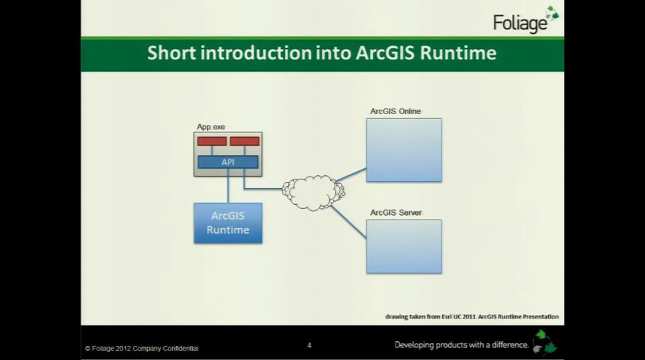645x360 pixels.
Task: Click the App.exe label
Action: (x=211, y=127)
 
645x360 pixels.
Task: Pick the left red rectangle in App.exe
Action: (x=212, y=141)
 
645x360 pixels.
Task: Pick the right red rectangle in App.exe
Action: (x=245, y=141)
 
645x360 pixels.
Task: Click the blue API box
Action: (x=228, y=162)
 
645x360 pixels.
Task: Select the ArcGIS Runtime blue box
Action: (x=228, y=223)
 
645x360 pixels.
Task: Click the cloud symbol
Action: (x=313, y=192)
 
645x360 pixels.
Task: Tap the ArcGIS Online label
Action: (x=396, y=111)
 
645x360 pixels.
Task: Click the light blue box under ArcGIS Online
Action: (x=404, y=150)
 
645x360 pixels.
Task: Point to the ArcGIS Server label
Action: (x=396, y=213)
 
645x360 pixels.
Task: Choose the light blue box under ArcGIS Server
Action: (x=404, y=246)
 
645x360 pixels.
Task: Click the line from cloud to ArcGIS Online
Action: (x=351, y=175)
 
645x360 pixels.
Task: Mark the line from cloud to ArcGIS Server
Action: (x=349, y=221)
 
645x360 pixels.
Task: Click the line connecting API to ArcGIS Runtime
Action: (x=228, y=186)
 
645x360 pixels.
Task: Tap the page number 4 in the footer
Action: (x=309, y=345)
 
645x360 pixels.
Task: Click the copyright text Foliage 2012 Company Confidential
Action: (x=142, y=348)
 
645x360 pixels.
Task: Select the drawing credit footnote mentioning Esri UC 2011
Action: (x=472, y=316)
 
